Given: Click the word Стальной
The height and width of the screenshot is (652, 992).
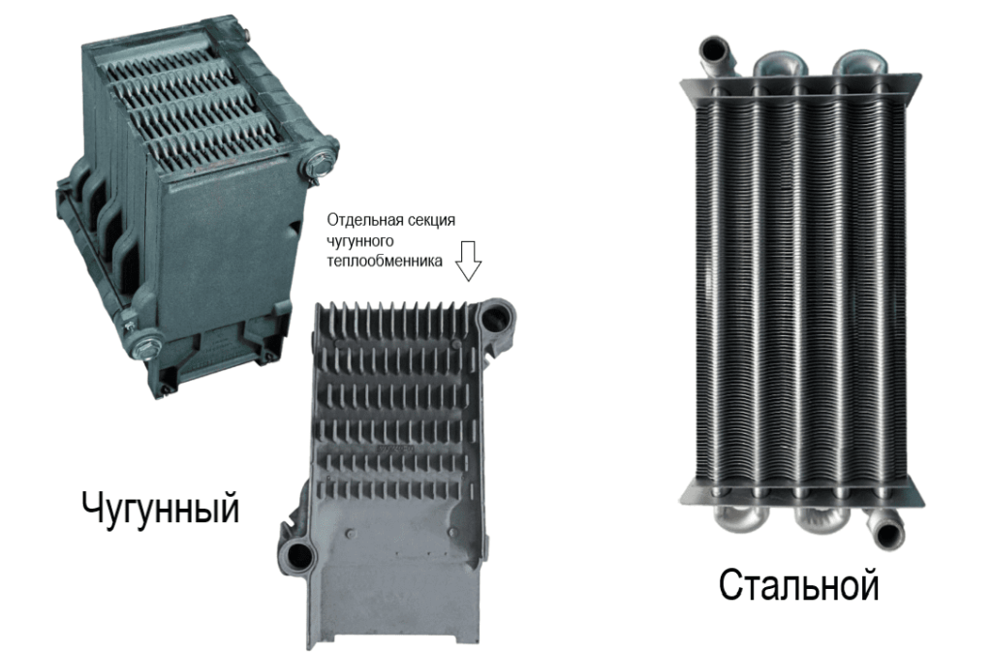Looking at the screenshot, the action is point(799,584).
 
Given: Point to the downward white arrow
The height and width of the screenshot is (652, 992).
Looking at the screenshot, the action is point(469,260).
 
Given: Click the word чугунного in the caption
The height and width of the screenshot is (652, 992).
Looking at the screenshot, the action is point(360,241).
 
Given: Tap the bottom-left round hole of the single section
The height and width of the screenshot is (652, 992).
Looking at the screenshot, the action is point(296,557).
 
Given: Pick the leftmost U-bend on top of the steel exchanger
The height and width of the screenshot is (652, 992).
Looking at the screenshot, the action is point(780,64).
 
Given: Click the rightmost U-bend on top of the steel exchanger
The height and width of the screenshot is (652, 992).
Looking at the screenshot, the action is point(860,64).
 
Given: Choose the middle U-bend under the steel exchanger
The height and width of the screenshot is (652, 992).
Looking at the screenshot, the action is point(821,517).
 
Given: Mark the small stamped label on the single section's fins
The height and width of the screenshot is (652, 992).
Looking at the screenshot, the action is point(395,448).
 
